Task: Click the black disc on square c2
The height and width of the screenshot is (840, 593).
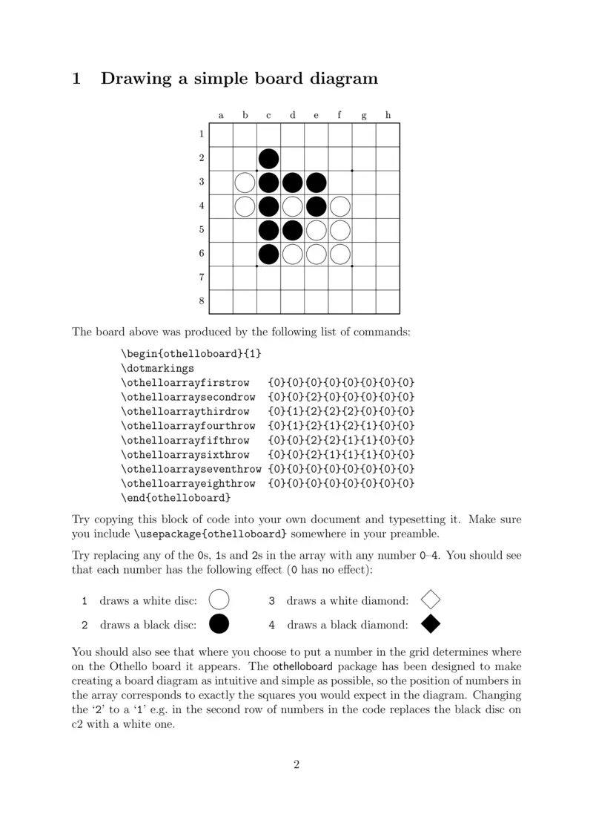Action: click(x=269, y=159)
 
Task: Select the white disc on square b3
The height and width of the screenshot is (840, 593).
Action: click(x=245, y=183)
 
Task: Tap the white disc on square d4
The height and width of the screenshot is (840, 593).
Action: click(x=292, y=206)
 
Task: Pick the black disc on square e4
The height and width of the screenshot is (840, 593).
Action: click(x=317, y=206)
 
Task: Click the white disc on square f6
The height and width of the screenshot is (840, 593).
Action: click(x=340, y=254)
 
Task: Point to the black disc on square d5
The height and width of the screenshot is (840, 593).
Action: click(x=292, y=230)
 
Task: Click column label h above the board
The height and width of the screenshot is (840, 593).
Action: click(x=388, y=115)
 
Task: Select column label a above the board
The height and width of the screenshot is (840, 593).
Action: click(x=221, y=115)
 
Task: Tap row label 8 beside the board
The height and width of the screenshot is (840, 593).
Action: click(x=201, y=301)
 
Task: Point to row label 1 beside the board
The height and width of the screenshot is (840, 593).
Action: click(x=201, y=134)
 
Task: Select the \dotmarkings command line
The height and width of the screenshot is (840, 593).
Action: click(x=157, y=367)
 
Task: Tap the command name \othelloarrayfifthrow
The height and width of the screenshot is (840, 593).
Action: click(x=185, y=440)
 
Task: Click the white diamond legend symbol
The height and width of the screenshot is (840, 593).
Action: click(x=431, y=600)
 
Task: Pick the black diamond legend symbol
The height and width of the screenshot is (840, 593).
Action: click(x=431, y=625)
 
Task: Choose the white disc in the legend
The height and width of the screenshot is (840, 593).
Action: click(x=219, y=600)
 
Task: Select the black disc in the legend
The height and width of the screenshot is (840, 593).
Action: click(x=219, y=625)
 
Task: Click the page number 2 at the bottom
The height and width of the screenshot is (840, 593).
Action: click(x=296, y=766)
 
